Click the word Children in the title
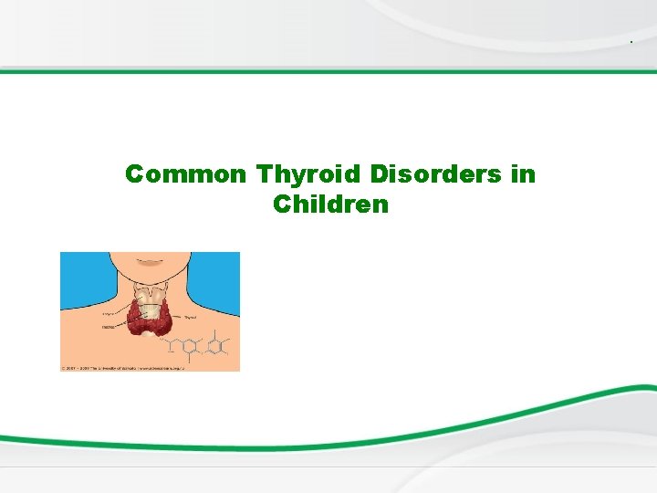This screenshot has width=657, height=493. click(330, 205)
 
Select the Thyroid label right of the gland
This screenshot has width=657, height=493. click(191, 317)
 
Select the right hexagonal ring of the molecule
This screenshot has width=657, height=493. click(215, 346)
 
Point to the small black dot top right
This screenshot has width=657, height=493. click(631, 43)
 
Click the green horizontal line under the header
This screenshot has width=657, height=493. click(328, 71)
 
